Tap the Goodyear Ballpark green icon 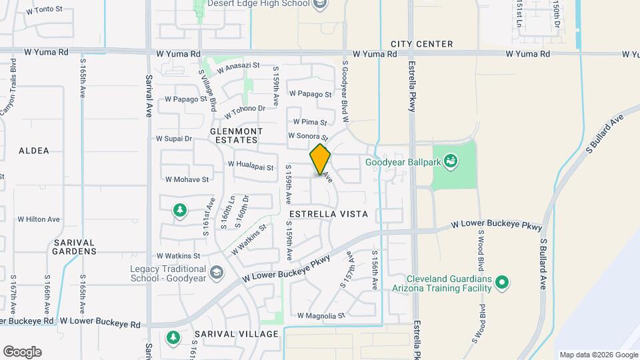(x=451, y=161)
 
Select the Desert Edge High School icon (x=320, y=4)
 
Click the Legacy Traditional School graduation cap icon (x=216, y=272)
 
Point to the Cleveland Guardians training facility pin (x=503, y=283)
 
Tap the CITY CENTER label (x=421, y=44)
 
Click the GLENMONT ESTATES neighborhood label (x=236, y=135)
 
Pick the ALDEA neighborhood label (x=34, y=151)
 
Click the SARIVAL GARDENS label (x=75, y=247)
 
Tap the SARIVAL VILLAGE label (x=236, y=333)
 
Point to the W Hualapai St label (x=251, y=164)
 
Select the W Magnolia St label (x=321, y=315)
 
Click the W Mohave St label (x=187, y=179)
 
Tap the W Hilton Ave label (x=39, y=219)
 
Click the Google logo (x=22, y=351)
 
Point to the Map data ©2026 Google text (x=598, y=355)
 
